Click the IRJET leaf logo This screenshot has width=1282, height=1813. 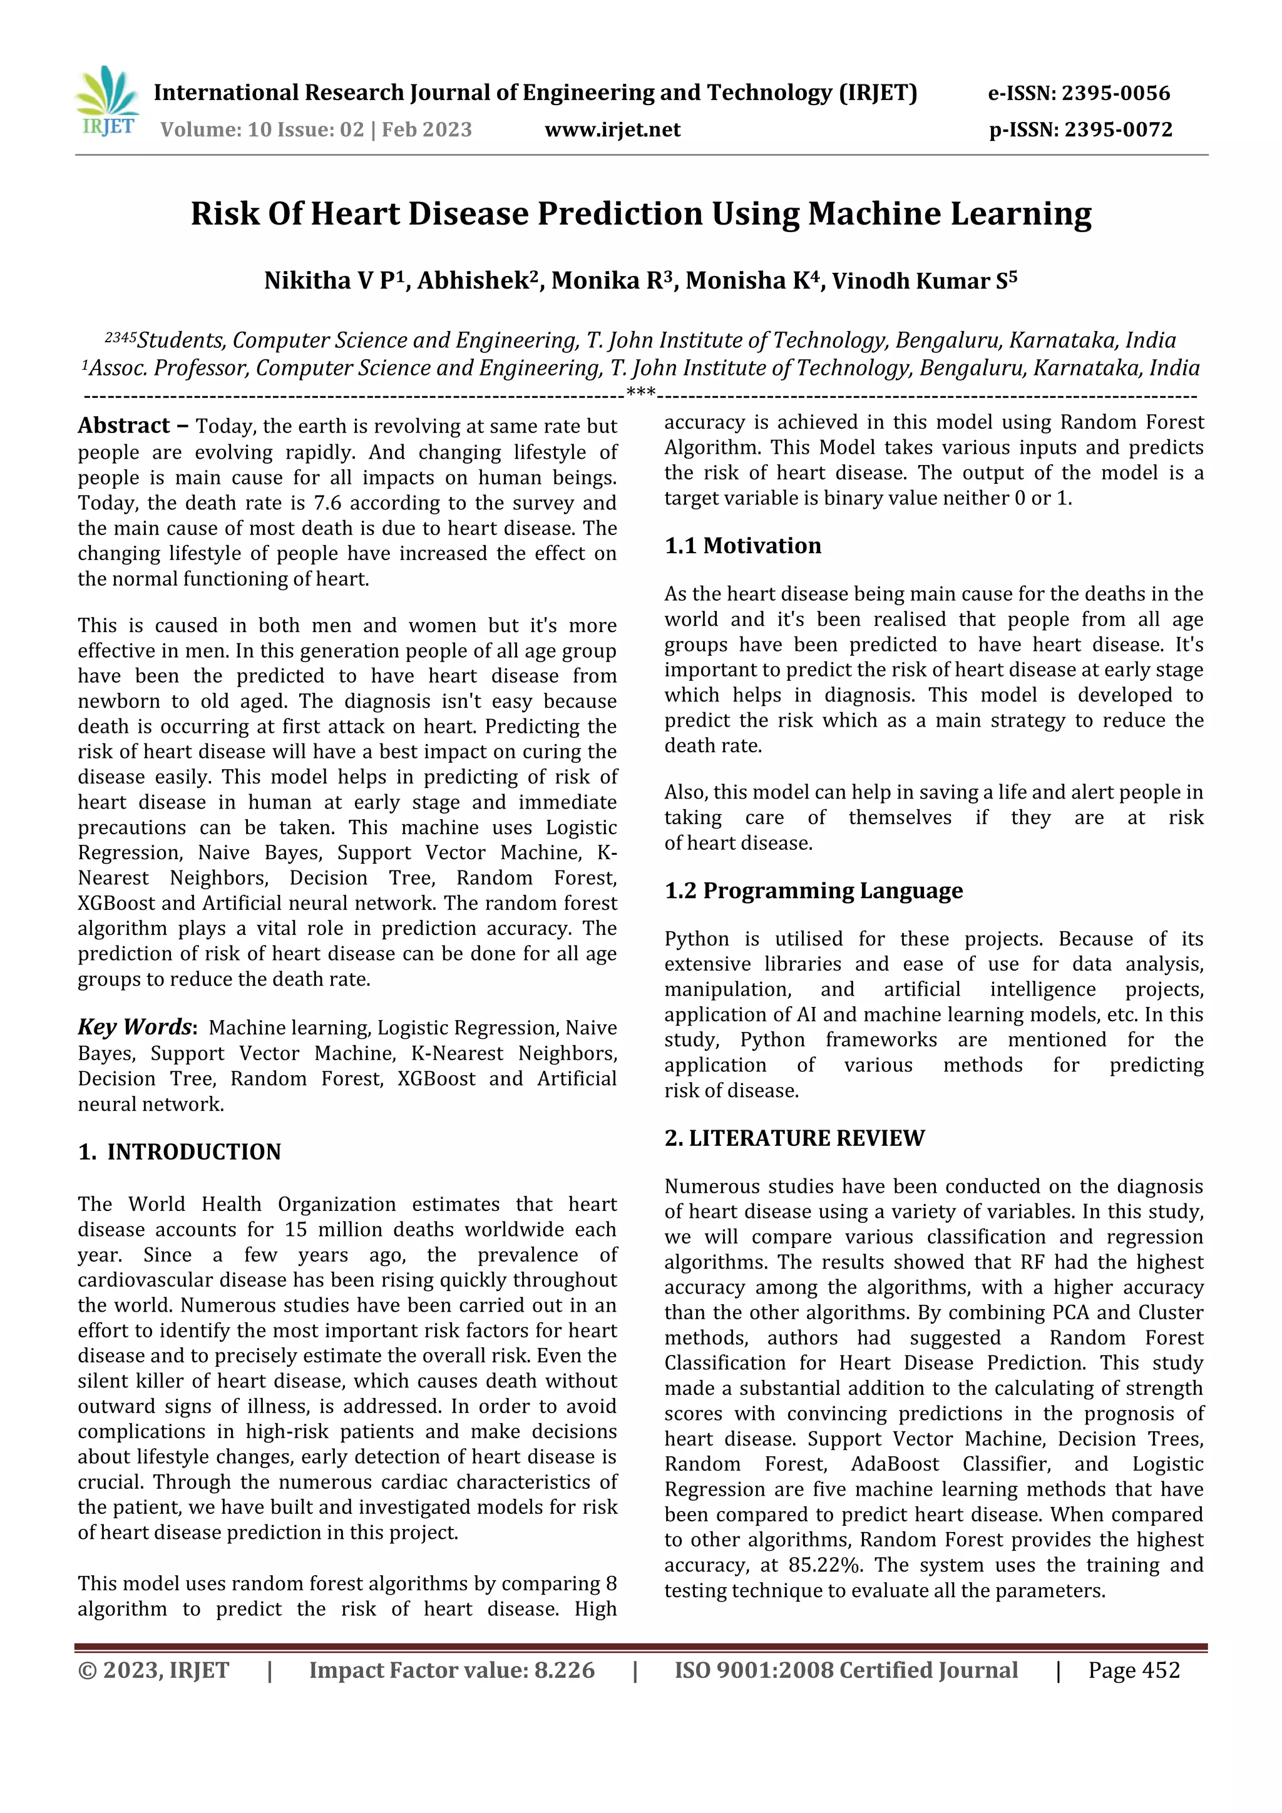106,101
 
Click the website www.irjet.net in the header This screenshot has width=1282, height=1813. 612,130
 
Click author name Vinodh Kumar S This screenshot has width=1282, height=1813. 920,280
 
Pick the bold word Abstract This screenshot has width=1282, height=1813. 124,426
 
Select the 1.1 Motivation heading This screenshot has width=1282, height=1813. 742,546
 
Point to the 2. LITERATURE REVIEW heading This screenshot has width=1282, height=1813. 794,1138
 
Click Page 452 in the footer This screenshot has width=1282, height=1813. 1134,1670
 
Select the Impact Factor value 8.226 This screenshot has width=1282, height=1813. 564,1670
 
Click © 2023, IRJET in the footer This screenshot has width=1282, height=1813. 153,1670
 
